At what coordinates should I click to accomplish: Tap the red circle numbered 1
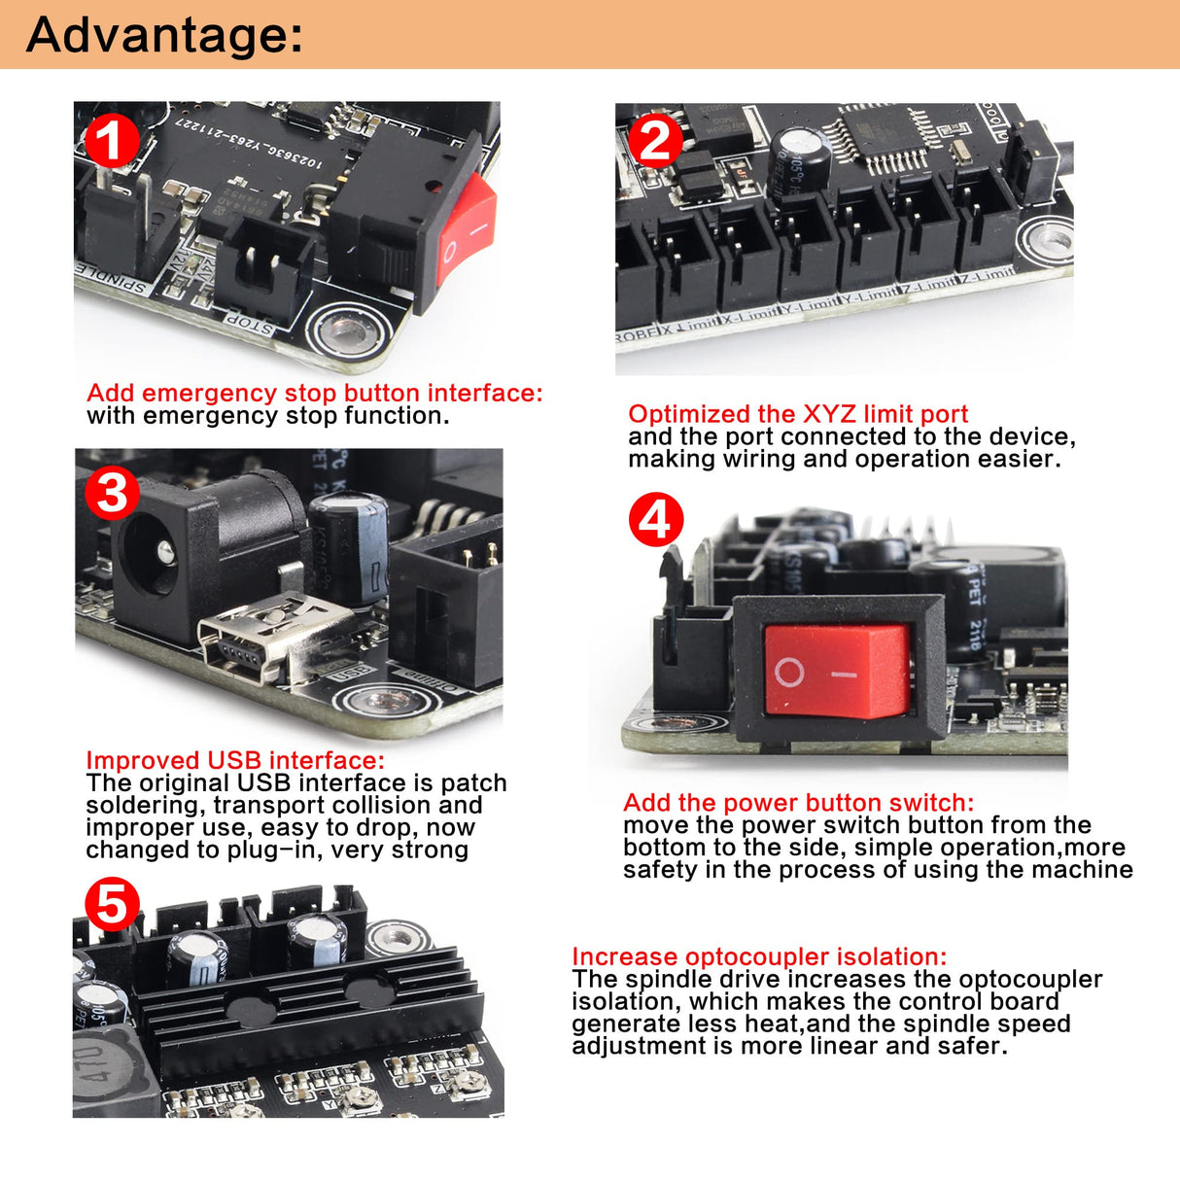[x=111, y=142]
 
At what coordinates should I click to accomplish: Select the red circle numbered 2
[x=654, y=142]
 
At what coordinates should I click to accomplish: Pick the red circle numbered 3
[x=111, y=492]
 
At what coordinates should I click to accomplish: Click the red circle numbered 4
[x=656, y=519]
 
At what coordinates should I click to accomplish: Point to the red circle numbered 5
[x=111, y=905]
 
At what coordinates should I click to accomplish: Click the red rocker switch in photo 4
[x=837, y=671]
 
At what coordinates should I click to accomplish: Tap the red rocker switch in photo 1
[x=467, y=229]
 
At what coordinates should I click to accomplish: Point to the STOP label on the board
[x=250, y=324]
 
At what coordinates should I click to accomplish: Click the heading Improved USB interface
[x=235, y=760]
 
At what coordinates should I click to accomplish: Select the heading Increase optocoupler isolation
[x=758, y=956]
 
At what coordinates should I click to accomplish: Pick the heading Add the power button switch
[x=798, y=803]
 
